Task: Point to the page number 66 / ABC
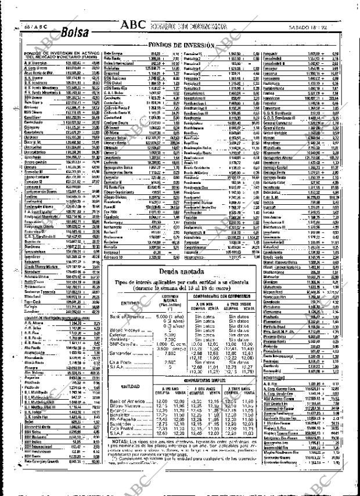pyautogui.click(x=20, y=27)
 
